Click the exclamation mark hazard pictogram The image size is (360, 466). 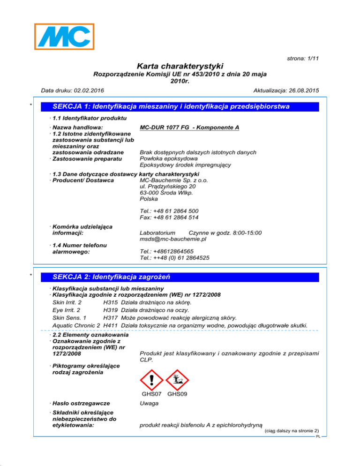151,378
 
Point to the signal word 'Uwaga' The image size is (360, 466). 149,403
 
